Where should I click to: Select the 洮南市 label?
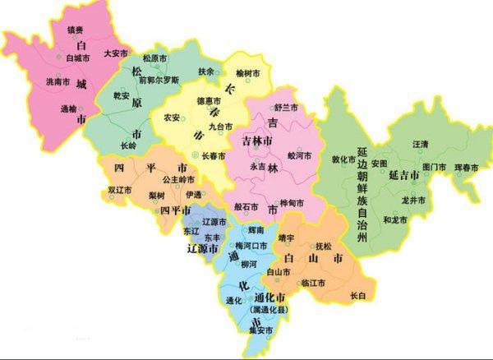(x=59, y=82)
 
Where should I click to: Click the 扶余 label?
(x=205, y=72)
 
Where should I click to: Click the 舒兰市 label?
(x=285, y=108)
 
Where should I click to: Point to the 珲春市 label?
(x=466, y=168)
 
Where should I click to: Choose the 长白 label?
(x=357, y=294)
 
